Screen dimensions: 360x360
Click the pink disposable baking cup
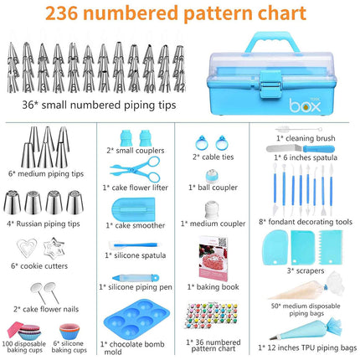click(x=24, y=325)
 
